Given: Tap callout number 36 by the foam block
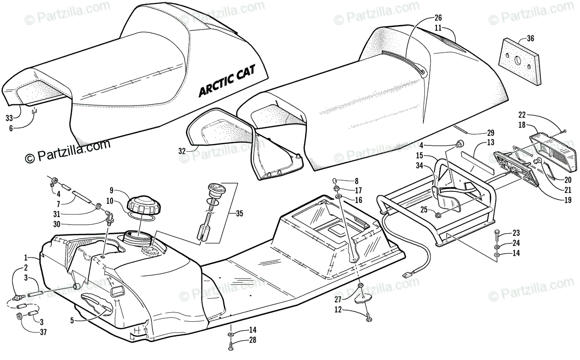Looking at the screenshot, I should click(530, 39).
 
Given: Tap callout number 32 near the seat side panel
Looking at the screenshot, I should click(182, 151).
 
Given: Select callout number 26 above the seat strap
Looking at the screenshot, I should click(438, 18).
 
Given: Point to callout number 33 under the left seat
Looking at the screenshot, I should click(9, 117).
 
